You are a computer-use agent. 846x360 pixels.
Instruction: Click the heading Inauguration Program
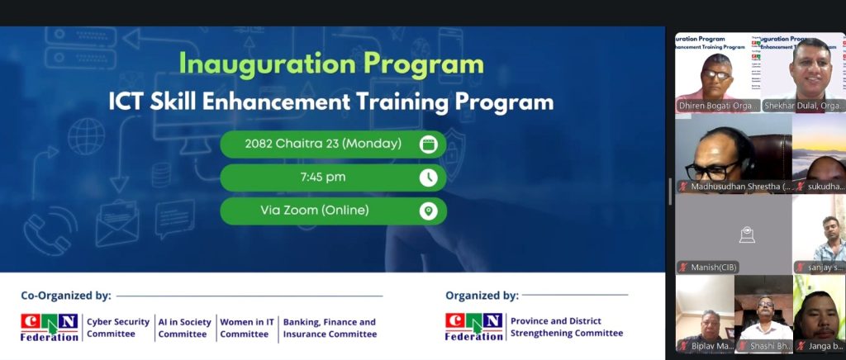click(331, 64)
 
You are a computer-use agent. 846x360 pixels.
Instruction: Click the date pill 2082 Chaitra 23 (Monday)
click(323, 144)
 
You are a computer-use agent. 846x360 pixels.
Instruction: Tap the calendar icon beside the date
click(428, 144)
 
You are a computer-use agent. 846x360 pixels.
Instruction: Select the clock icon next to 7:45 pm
click(428, 178)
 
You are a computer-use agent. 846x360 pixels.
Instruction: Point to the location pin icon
click(428, 211)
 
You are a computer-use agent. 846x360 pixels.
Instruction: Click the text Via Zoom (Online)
click(314, 211)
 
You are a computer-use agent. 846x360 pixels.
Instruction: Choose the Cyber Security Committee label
click(118, 328)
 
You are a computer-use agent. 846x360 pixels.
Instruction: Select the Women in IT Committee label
click(247, 328)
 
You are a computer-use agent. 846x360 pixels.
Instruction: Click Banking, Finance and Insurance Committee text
click(330, 328)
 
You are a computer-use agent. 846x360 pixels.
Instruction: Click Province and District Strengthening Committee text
click(567, 327)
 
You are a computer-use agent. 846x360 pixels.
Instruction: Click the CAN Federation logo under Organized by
click(473, 326)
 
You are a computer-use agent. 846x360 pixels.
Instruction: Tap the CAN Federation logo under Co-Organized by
click(50, 326)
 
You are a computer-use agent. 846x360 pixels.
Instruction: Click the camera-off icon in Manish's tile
click(746, 235)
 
